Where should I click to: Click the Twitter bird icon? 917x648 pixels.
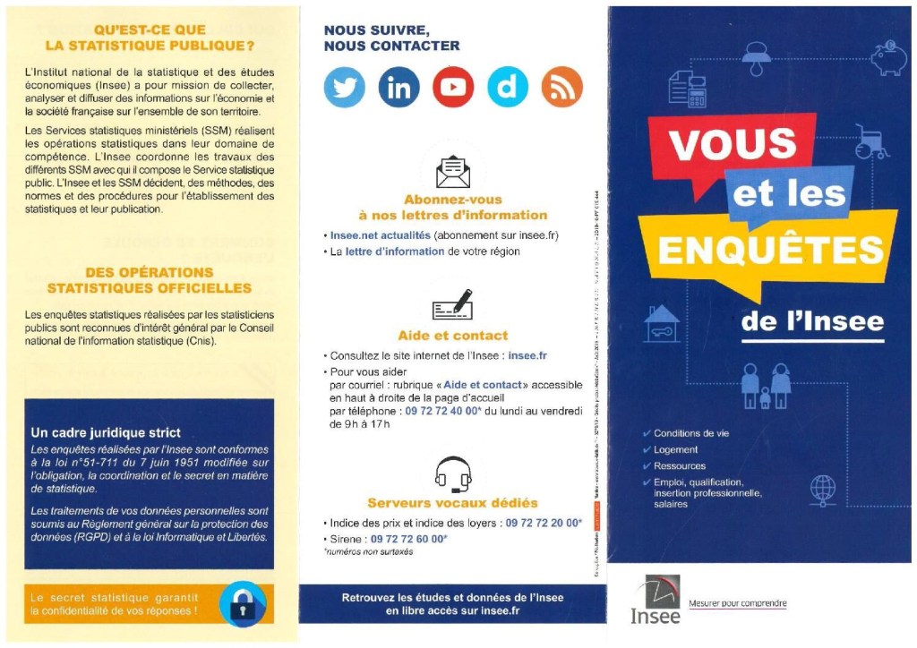point(345,87)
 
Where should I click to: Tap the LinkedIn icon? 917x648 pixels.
point(399,87)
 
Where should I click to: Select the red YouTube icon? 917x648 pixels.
point(453,87)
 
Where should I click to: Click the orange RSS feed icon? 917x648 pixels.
point(562,87)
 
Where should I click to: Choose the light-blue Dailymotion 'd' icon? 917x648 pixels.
point(508,87)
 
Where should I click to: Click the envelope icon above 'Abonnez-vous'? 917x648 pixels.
point(452,171)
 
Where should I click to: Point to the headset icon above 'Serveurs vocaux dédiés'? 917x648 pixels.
point(452,474)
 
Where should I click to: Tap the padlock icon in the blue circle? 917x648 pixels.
point(243,604)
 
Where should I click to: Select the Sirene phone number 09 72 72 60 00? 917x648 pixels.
point(408,539)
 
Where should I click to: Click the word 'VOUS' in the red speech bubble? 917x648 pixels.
point(733,143)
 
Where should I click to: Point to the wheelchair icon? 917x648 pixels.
point(869,141)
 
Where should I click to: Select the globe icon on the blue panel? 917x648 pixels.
point(822,489)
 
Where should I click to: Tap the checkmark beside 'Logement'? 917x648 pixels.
point(647,450)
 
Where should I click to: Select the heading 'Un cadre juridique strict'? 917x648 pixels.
point(106,432)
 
